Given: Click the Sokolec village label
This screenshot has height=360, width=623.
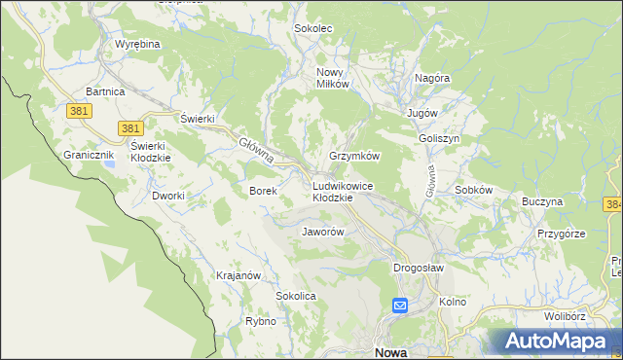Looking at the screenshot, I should pos(313,28).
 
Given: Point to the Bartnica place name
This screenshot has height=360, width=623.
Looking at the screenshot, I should pos(105,90).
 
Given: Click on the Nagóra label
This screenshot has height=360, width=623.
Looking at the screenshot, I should pos(431,78).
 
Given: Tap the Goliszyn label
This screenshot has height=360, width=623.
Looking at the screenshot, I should pos(439,138).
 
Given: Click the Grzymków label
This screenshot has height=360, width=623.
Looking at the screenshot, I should pos(353,156).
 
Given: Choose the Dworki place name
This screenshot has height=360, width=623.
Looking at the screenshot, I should pos(168,196).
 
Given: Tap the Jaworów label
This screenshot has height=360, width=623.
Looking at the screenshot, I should pos(323,233).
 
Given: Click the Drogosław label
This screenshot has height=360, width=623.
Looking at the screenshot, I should pos(419,268).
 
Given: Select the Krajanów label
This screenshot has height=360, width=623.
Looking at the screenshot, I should pos(238,275).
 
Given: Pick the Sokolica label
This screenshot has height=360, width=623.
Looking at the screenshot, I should pos(297,295).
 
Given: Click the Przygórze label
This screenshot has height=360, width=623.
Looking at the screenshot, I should pos(561,234).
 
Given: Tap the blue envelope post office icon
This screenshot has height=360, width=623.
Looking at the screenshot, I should pos(400,306).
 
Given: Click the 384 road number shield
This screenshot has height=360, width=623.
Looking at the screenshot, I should pos(613,204).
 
